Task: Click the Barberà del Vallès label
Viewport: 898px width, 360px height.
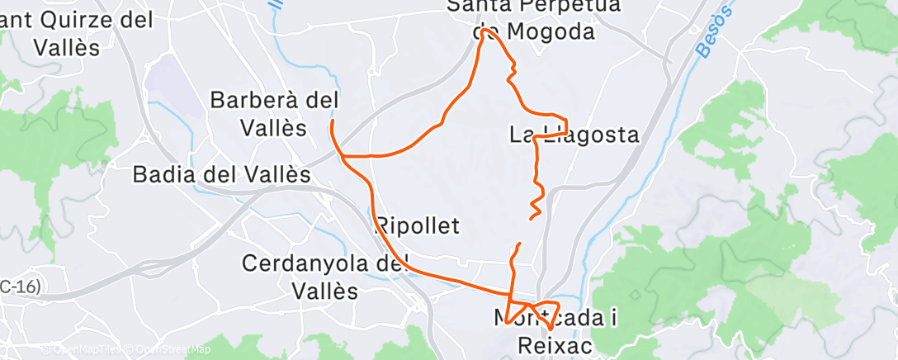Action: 274,114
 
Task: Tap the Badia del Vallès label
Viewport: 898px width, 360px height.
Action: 222,175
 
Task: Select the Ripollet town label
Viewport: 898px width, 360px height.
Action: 417,225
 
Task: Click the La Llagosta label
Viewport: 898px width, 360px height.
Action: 574,135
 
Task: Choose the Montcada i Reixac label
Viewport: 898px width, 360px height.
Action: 556,331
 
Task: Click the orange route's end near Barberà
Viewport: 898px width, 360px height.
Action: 332,121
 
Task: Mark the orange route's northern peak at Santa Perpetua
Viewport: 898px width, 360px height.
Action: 484,35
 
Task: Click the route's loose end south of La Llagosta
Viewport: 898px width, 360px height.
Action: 530,218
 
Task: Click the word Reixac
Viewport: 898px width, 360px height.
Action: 555,345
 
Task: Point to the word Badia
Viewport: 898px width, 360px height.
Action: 161,175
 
